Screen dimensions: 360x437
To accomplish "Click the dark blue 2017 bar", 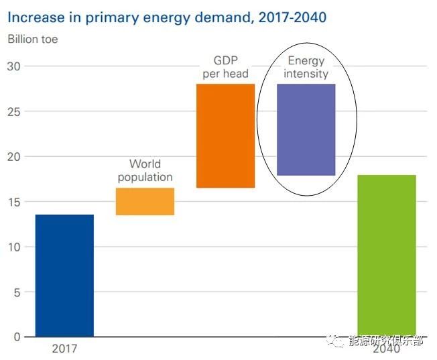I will [x=64, y=275].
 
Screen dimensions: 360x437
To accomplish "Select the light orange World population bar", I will [x=145, y=201].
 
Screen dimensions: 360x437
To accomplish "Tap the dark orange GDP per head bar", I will [x=225, y=135].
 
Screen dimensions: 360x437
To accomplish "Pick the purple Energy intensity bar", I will [x=306, y=129].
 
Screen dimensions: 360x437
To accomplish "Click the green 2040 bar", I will [x=387, y=255].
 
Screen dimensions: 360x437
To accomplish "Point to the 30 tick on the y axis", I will [x=14, y=66].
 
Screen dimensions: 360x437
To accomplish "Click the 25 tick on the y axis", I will [x=14, y=111].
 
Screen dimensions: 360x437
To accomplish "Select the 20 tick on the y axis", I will [x=14, y=156].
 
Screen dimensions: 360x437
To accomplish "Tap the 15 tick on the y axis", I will [x=14, y=202].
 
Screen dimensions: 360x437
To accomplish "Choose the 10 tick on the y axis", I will [x=14, y=247].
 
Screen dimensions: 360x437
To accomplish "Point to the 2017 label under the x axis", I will [x=64, y=349].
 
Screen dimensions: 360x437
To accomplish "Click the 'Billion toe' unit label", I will [x=33, y=39].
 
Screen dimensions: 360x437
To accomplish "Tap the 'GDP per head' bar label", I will [x=225, y=68].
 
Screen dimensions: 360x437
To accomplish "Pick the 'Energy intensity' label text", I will [x=306, y=67].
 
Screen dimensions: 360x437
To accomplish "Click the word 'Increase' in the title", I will [x=36, y=16].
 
